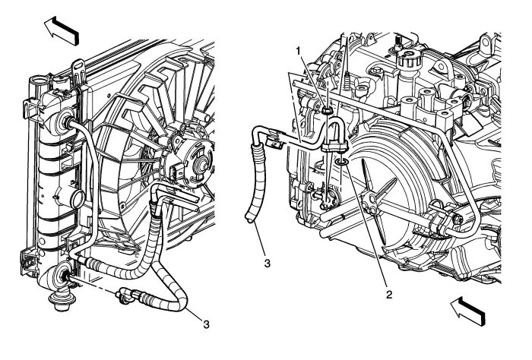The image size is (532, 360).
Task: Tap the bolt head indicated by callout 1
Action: [x=326, y=109]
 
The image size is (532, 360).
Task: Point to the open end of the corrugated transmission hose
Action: [x=249, y=220]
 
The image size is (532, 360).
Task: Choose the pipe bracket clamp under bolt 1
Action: [x=331, y=142]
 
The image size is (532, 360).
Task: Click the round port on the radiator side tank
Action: [x=74, y=201]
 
